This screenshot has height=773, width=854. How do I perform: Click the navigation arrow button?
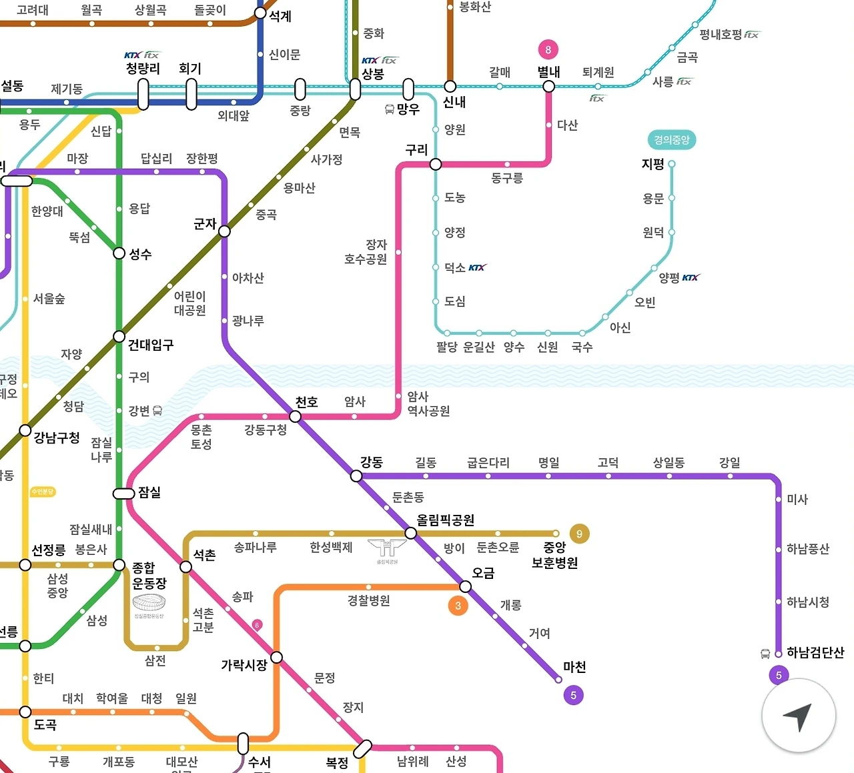click(799, 716)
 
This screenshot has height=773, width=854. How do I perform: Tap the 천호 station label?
click(306, 402)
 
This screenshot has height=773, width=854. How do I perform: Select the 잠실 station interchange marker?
click(124, 494)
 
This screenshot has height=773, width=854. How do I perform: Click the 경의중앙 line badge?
click(671, 140)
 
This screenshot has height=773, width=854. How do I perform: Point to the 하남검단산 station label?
click(815, 652)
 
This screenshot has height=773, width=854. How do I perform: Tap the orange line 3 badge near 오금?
click(458, 606)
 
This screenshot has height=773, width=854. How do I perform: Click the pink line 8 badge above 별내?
click(548, 49)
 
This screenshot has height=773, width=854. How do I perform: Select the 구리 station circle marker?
click(436, 164)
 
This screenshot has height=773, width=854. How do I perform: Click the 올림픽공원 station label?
click(445, 520)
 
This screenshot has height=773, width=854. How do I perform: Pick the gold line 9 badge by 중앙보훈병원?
click(579, 534)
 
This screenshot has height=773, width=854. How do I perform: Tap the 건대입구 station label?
click(151, 345)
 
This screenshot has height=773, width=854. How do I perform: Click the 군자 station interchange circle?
click(225, 231)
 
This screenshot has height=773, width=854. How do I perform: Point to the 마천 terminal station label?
click(574, 667)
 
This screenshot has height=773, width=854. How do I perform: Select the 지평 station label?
click(653, 164)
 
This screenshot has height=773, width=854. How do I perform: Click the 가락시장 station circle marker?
click(276, 658)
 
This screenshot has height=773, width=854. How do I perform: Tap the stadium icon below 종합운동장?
click(148, 603)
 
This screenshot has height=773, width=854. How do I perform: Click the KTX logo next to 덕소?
click(477, 267)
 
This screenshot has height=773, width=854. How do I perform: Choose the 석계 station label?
click(280, 16)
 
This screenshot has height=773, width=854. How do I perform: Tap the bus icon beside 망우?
click(390, 109)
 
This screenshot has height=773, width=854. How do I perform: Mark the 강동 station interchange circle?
click(356, 476)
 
